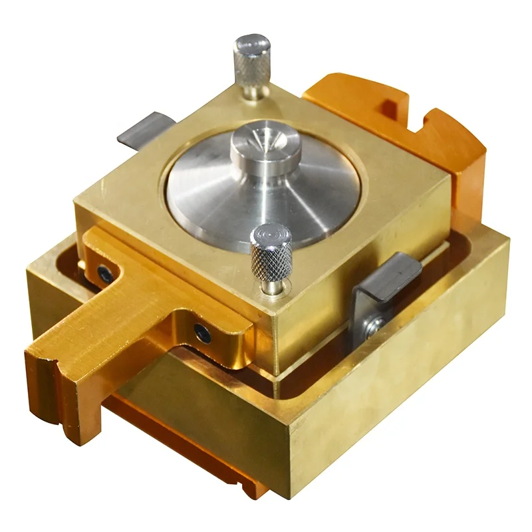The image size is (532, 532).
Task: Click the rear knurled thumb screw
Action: point(251,60)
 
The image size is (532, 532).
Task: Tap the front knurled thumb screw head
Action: point(271,249)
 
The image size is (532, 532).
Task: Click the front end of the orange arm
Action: point(57,392)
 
